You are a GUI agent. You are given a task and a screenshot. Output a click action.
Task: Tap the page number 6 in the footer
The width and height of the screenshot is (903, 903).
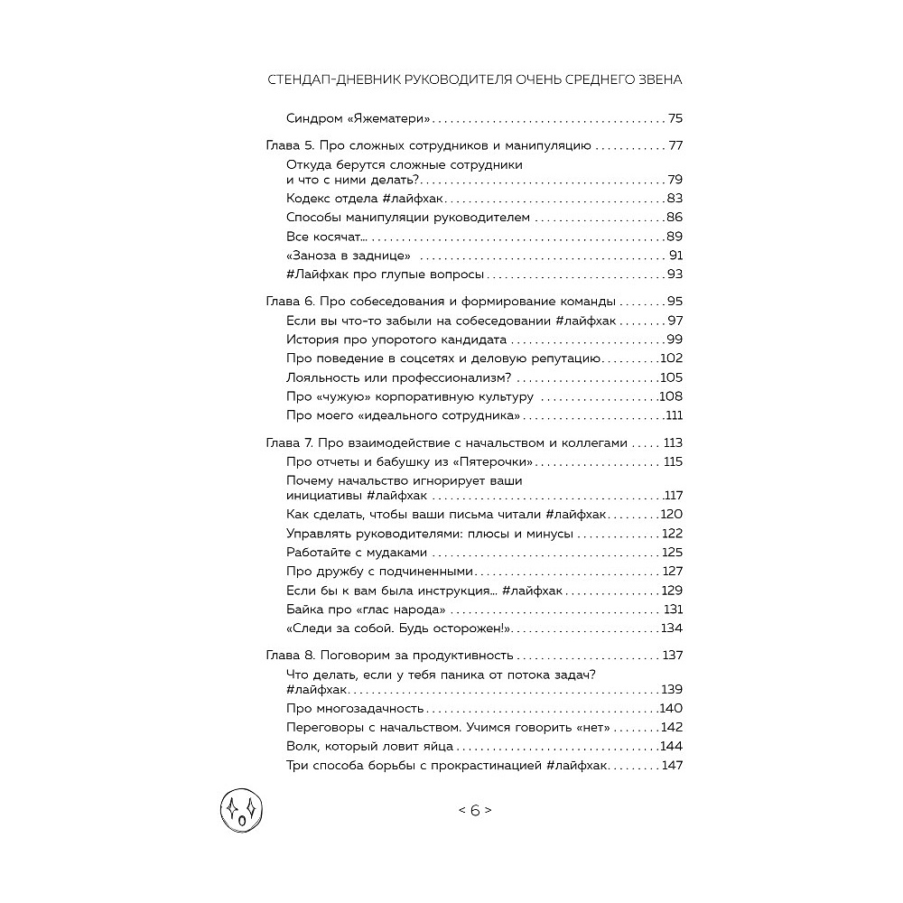coord(475,810)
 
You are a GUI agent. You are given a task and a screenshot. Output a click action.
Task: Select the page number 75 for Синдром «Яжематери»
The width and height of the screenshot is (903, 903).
coord(675,118)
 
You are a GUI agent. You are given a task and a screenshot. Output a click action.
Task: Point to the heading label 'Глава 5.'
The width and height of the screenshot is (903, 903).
coord(290,144)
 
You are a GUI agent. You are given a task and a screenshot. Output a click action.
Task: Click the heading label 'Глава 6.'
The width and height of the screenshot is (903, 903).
coord(290,301)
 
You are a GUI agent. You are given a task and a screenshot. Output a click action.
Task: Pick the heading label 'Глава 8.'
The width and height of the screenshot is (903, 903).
coord(290,655)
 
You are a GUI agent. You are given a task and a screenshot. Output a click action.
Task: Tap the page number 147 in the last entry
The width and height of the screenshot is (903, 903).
coord(672,766)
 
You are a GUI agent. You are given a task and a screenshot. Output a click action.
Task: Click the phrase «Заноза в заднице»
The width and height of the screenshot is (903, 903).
coord(336,255)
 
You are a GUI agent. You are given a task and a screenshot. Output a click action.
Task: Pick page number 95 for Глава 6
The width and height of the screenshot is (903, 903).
coord(674,301)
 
